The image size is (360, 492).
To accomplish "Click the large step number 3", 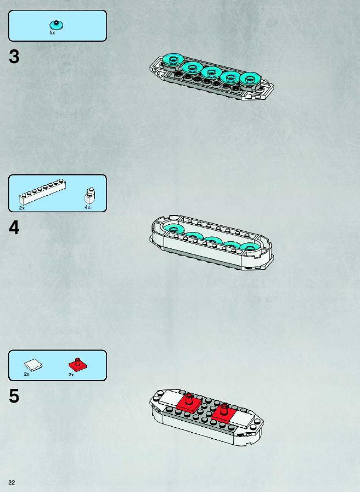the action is point(14,57).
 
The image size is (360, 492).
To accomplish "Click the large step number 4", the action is point(14,228).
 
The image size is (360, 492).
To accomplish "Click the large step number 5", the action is point(14,395).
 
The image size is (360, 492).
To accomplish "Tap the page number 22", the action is point(12,483).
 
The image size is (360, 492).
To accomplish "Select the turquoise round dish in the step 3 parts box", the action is point(57,25).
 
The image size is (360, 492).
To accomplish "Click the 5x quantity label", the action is point(52,32).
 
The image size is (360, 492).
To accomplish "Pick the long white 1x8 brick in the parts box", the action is point(42,192).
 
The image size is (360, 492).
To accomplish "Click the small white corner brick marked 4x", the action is point(89,196).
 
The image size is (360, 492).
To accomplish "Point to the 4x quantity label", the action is point(87,207).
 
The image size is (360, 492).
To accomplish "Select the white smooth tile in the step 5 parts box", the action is point(33,365).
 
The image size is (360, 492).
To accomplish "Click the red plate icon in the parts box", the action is point(78,364).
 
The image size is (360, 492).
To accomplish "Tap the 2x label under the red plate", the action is point(71,375).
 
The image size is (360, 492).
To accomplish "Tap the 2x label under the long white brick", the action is point(21,208).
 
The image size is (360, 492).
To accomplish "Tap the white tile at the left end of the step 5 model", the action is point(170,398).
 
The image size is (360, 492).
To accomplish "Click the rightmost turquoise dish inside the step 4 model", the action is point(250,247).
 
